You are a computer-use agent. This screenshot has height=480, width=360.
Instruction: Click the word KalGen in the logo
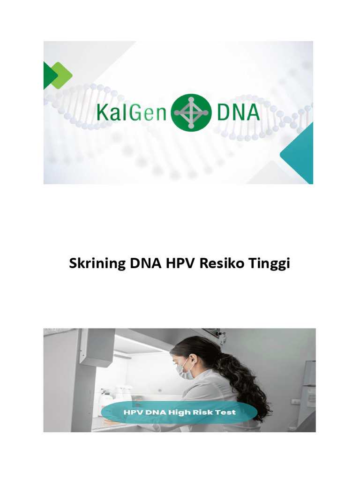(x=131, y=112)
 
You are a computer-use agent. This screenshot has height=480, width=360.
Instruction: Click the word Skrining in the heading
(x=97, y=264)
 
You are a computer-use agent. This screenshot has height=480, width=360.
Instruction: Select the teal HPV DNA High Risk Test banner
(x=180, y=412)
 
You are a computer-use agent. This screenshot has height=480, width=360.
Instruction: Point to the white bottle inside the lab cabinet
(x=107, y=398)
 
